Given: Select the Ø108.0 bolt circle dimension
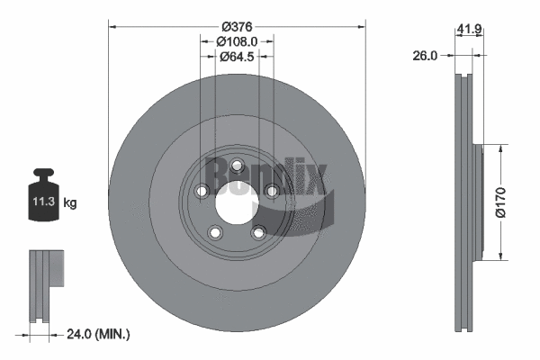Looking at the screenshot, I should click(x=237, y=40).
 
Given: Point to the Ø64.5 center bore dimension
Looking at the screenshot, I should click(x=236, y=56).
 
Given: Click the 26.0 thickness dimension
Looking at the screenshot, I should click(x=425, y=56).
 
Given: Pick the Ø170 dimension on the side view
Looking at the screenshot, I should click(x=515, y=199).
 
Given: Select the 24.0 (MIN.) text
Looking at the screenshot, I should click(x=100, y=334).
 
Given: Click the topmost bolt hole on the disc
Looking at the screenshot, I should click(x=237, y=165).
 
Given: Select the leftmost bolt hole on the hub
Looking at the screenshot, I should click(x=202, y=191).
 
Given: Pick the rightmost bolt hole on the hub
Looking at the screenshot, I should click(x=271, y=190).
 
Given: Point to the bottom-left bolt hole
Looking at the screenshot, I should click(x=215, y=232).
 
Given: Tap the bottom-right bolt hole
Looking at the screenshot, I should click(x=258, y=231).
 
